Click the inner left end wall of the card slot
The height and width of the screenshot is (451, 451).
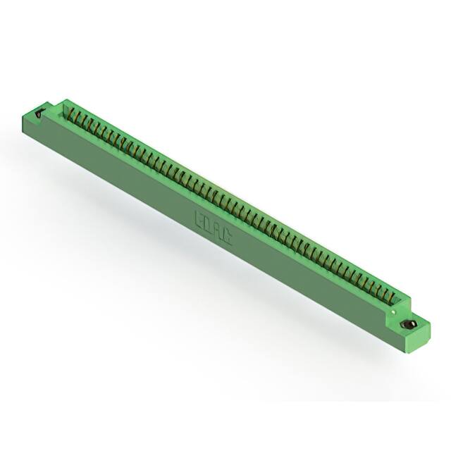tap(67, 111)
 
